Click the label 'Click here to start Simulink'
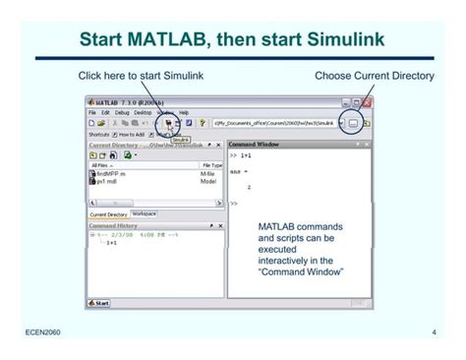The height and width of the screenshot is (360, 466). coord(141,77)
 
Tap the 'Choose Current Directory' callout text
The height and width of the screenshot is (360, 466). coord(374,77)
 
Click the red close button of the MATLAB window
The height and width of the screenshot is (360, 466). coord(366,101)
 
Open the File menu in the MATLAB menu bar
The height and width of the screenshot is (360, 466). coord(91,112)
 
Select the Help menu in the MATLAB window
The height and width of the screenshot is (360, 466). coord(184,112)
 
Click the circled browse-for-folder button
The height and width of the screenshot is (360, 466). coord(353,123)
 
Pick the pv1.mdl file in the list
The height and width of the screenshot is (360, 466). coord(106,181)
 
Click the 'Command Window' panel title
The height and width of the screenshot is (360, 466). coord(254,144)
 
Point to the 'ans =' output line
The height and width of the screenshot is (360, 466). coord(239,171)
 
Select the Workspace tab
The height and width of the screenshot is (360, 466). coord(143,213)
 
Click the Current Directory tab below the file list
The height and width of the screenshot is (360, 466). coord(108,214)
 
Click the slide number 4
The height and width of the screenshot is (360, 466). coord(434,334)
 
